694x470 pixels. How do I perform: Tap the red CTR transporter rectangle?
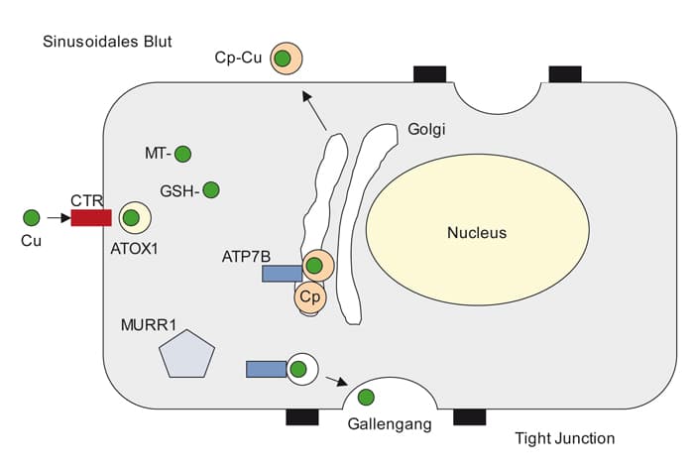(x=90, y=217)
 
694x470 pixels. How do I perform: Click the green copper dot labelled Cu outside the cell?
(x=32, y=217)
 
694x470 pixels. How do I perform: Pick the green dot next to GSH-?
(x=210, y=189)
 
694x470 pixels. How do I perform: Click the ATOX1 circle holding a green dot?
(x=131, y=218)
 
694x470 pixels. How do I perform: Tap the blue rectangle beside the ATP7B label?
(x=282, y=273)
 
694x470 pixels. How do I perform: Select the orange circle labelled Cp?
(x=308, y=295)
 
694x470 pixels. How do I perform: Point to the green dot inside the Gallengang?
(x=366, y=398)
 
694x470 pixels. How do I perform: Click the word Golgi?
(x=427, y=129)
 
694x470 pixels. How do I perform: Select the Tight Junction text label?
(x=565, y=438)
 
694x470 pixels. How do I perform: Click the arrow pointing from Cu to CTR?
(x=57, y=217)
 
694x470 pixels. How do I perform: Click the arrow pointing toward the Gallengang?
(x=337, y=381)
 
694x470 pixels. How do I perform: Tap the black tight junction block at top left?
(x=429, y=73)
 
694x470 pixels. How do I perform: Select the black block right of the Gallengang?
(x=469, y=416)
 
